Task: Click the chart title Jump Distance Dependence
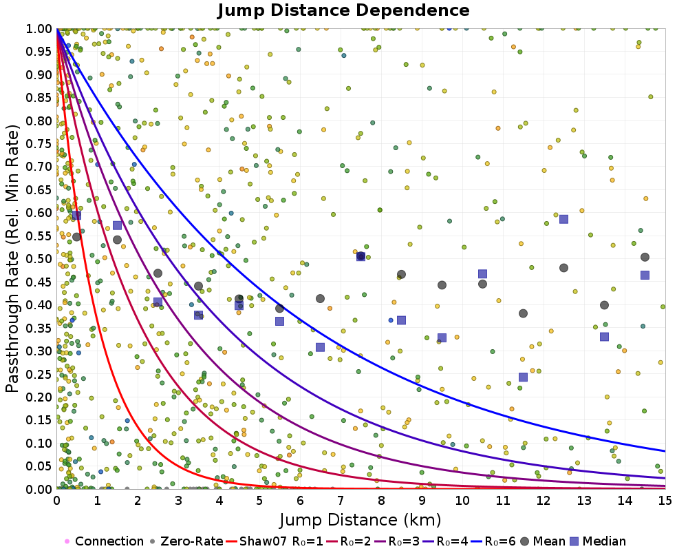[343, 11]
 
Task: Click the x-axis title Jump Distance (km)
[360, 519]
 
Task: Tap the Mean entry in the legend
[548, 541]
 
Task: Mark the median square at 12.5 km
[563, 219]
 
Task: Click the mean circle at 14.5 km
[645, 257]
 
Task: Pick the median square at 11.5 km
[523, 377]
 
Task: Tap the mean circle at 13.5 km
[604, 305]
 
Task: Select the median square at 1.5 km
[117, 225]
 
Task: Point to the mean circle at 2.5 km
[158, 273]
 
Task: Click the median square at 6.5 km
[320, 347]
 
